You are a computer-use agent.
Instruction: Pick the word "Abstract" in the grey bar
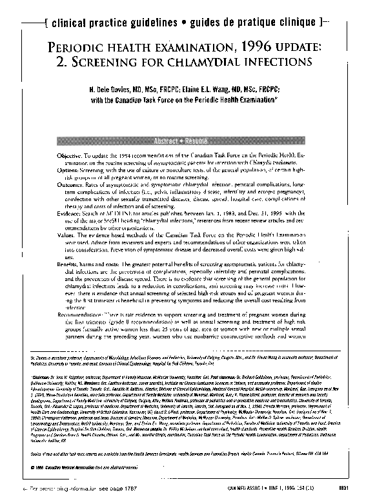point(166,141)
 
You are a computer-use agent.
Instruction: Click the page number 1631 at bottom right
point(348,497)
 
